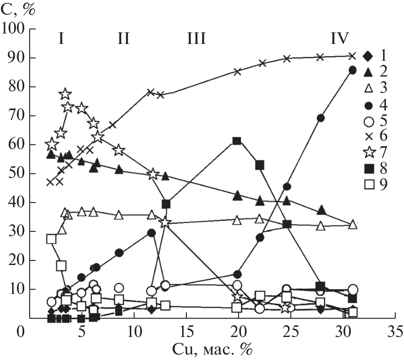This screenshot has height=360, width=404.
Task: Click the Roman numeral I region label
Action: point(61,39)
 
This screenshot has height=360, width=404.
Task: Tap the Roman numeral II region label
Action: point(123,39)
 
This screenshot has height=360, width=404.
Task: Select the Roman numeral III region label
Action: point(196,39)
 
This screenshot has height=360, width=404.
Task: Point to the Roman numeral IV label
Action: point(339,39)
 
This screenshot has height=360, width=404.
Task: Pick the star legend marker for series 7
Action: point(368,152)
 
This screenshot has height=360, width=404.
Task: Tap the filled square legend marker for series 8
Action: point(368,168)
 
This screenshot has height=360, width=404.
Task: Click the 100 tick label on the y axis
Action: point(14,29)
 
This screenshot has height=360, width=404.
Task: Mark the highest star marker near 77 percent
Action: point(65,94)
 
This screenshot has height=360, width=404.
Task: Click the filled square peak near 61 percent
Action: point(237,141)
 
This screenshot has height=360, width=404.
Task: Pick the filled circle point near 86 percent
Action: point(353,70)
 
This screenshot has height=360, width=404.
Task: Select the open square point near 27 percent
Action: point(51,239)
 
